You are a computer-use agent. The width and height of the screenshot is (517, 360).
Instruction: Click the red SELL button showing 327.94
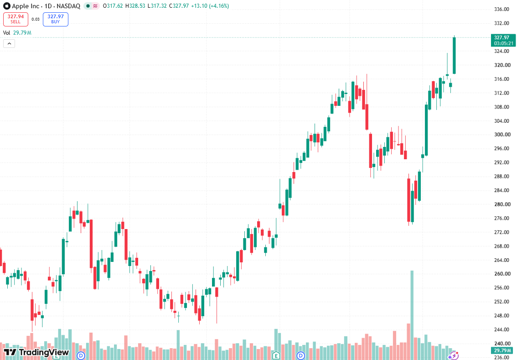point(16,19)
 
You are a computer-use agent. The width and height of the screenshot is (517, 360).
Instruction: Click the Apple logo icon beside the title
point(6,6)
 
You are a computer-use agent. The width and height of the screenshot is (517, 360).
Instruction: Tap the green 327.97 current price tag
point(503,40)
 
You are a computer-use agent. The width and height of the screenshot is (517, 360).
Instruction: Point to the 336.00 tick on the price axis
point(502,9)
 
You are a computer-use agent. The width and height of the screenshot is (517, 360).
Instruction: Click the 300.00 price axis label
point(502,135)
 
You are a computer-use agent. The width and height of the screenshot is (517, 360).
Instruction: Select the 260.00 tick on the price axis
point(502,274)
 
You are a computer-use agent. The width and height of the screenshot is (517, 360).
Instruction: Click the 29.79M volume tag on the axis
point(503,350)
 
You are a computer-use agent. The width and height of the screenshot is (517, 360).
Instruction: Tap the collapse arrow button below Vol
point(9,43)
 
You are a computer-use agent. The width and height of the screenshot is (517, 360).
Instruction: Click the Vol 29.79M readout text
point(17,33)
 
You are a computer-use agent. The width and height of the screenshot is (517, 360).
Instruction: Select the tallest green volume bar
point(412,315)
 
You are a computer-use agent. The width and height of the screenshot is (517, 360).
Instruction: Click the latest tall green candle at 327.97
point(455,55)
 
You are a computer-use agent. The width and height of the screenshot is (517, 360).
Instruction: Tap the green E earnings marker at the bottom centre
point(276,355)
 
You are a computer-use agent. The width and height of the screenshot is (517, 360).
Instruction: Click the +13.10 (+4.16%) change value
point(210,6)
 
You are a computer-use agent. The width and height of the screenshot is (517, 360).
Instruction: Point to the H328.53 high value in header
point(135,6)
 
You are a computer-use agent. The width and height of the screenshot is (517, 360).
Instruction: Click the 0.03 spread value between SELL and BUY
point(36,20)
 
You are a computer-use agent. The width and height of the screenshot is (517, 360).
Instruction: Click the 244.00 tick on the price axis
point(502,329)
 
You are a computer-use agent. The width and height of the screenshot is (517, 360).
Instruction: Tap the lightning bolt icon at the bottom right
point(454,356)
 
